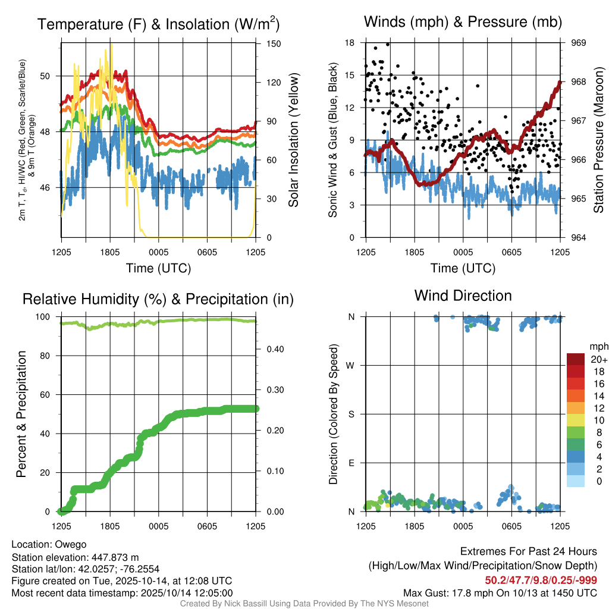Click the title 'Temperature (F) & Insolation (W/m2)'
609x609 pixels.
click(x=158, y=24)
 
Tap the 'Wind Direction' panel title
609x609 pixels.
click(x=463, y=296)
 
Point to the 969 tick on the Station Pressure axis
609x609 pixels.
click(x=579, y=43)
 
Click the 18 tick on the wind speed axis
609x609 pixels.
click(x=350, y=43)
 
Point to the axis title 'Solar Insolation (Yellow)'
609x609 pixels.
click(x=293, y=140)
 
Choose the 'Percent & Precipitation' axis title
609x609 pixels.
click(x=21, y=414)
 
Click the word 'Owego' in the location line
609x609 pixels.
click(x=71, y=544)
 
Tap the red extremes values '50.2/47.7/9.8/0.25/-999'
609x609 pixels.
click(x=541, y=580)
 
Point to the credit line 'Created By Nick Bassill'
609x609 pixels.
click(x=304, y=604)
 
